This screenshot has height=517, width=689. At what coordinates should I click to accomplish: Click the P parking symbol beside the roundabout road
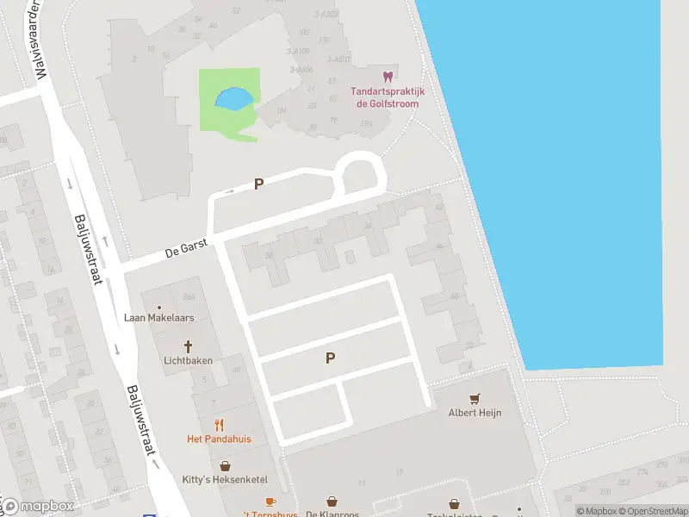tap(258, 184)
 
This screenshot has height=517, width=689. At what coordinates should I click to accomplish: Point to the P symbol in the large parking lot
tap(329, 358)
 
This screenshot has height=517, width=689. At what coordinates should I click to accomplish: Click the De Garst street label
tap(187, 252)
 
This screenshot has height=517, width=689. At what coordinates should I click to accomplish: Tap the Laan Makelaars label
tap(159, 318)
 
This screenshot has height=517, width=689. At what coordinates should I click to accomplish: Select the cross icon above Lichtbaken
tap(188, 346)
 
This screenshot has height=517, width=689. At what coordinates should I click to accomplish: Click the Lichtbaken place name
tap(188, 361)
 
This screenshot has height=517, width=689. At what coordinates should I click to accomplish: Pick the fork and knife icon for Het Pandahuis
tap(219, 424)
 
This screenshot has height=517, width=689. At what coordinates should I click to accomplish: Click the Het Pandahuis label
tap(219, 439)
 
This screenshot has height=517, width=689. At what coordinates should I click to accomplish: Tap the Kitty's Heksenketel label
tap(224, 479)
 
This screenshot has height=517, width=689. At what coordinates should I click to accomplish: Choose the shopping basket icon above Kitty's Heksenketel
tap(224, 465)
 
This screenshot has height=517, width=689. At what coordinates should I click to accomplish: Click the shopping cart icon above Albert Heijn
tap(474, 399)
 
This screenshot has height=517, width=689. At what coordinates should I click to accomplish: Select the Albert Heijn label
tap(475, 413)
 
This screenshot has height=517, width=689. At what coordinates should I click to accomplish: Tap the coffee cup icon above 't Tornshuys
tap(270, 501)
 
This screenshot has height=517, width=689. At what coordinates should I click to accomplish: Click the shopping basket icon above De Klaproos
tap(332, 501)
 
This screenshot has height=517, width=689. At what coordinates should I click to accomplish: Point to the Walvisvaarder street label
tap(36, 39)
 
